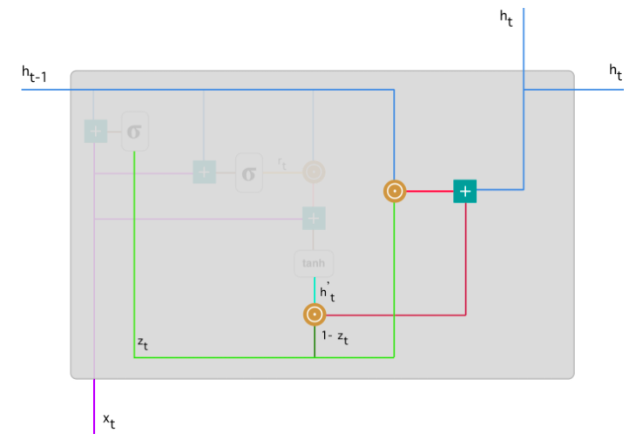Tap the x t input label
pos(109,421)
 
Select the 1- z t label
pos(335,337)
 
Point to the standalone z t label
pos(143,345)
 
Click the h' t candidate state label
pos(327,291)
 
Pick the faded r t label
pos(282,162)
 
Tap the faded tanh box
pos(313,263)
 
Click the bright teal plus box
pos(465,191)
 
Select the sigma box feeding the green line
pos(135,132)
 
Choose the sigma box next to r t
pos(248,173)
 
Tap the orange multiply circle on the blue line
pos(395,191)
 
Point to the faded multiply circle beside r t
pos(313,173)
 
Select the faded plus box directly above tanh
pos(313,218)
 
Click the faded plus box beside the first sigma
pos(95,132)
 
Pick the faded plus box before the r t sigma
pos(204,173)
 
